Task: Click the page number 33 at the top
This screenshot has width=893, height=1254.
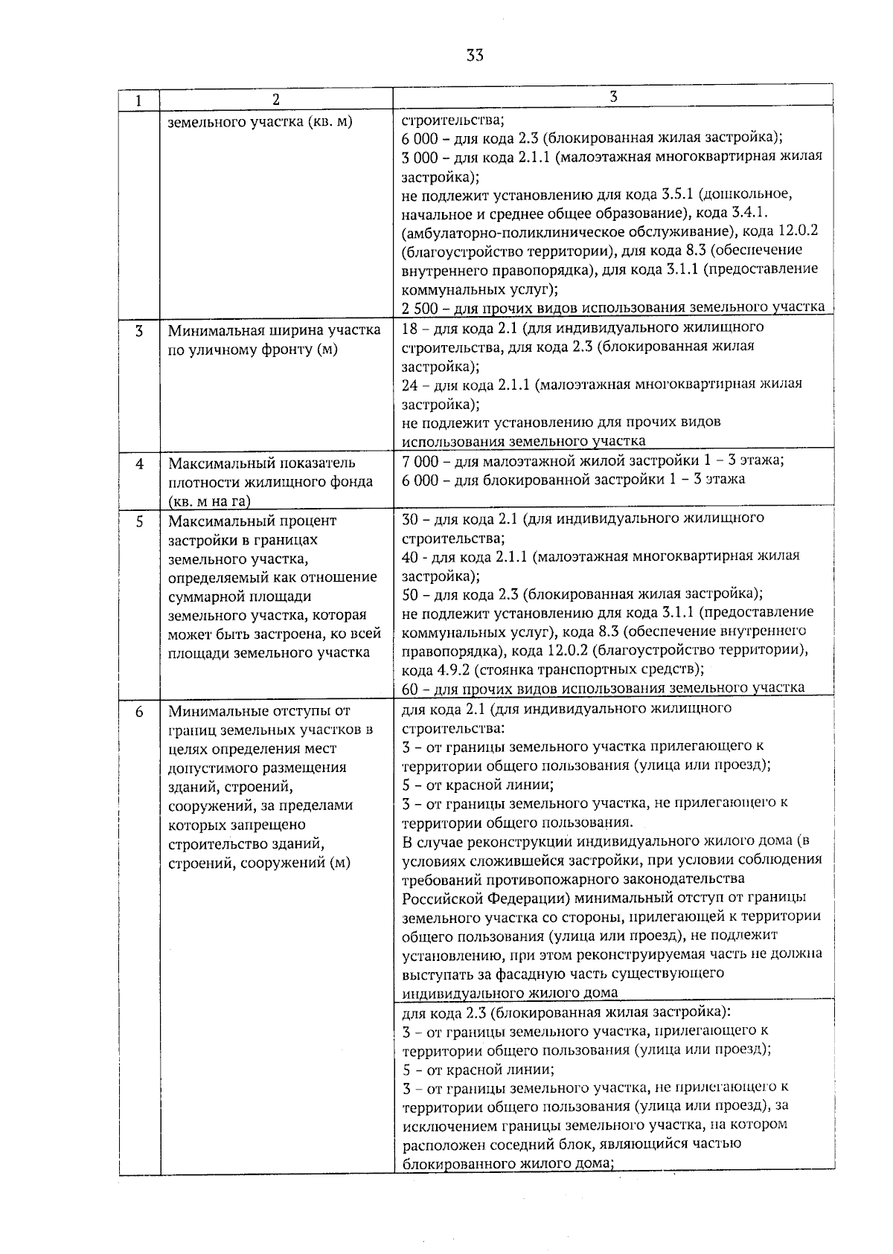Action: pos(476,55)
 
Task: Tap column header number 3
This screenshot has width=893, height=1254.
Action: pos(612,97)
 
